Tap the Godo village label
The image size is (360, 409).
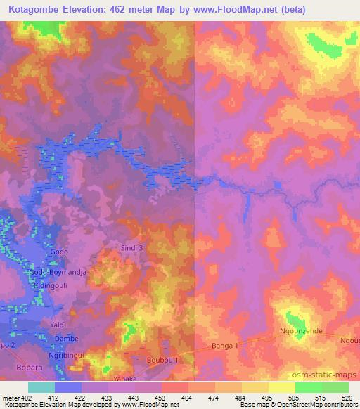[x=59, y=252]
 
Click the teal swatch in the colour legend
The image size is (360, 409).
[x=41, y=387]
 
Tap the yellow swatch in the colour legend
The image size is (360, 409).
[x=281, y=387]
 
